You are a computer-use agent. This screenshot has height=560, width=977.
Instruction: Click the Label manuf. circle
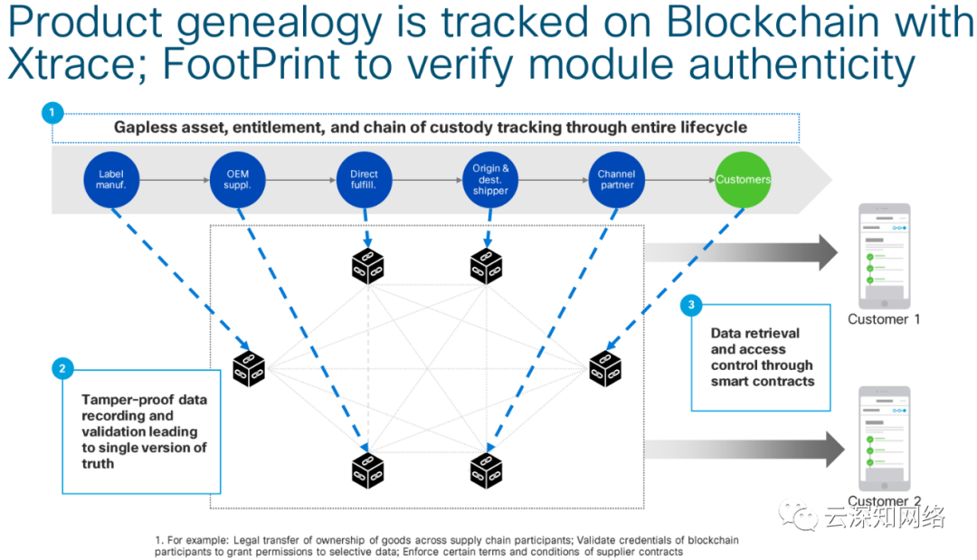coord(111,179)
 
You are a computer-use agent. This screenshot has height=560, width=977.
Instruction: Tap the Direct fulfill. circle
coord(364,179)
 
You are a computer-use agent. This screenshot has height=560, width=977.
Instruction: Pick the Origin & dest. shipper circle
coord(490,179)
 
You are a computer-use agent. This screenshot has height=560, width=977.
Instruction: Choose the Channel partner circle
coord(616,179)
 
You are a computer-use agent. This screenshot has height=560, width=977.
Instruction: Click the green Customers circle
coord(742,179)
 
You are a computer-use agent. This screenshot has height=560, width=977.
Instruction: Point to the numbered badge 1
coord(52,112)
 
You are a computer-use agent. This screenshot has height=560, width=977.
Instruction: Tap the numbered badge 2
coord(62,368)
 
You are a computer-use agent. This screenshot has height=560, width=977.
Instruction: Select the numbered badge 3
coord(692,305)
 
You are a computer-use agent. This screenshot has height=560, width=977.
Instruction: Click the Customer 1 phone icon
coord(884,255)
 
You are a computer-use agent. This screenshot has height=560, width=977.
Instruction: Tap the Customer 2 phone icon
coord(884,439)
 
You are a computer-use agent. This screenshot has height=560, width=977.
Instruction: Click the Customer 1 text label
coord(884,319)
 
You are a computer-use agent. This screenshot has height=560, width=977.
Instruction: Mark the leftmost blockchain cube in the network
coord(248,368)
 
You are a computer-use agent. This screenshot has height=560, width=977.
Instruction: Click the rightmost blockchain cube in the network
coord(605,367)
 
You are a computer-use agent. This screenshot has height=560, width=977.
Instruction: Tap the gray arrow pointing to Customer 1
coord(742,252)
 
